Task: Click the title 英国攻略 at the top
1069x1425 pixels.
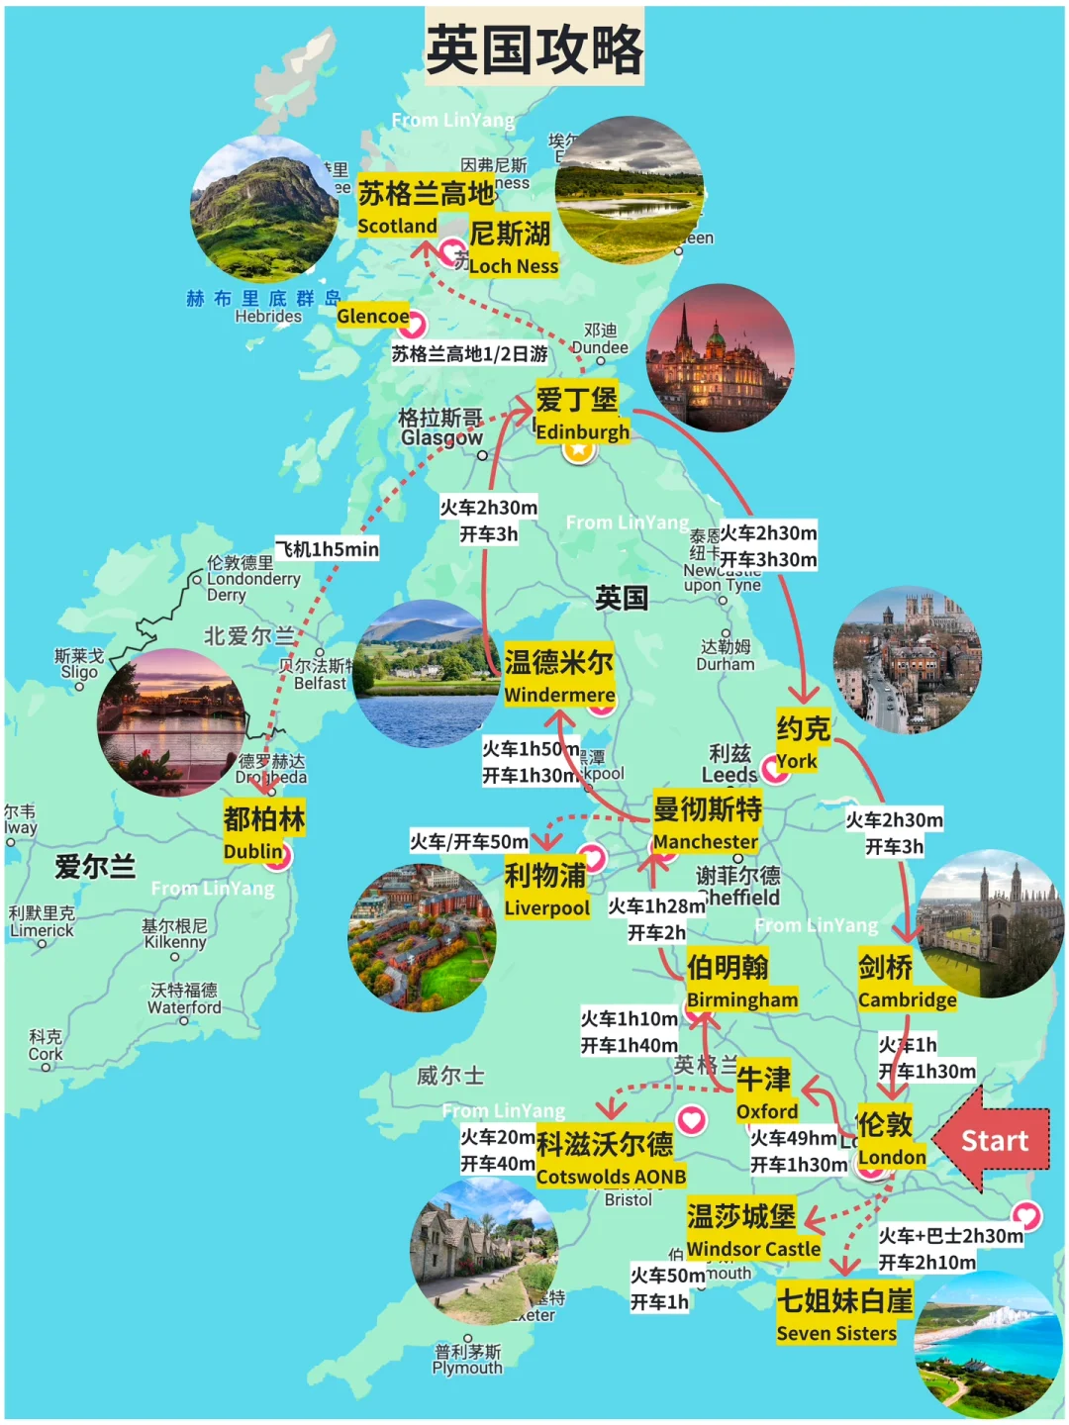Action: coord(534,47)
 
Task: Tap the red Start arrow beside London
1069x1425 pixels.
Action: coord(992,1140)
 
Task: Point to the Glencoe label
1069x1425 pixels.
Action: coord(372,316)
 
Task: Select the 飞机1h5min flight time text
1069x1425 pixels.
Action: coord(327,549)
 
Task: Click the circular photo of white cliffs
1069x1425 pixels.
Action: coord(988,1344)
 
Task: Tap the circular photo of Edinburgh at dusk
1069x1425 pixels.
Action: coord(720,358)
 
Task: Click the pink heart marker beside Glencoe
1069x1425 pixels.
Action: coord(412,324)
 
